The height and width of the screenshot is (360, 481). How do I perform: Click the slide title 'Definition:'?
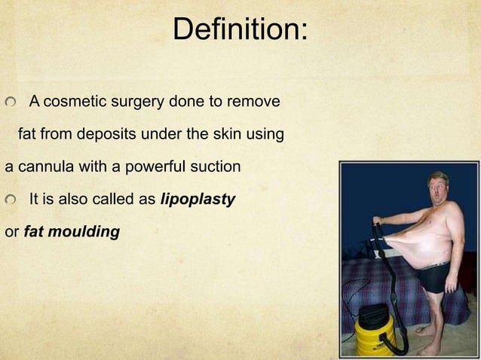point(240,30)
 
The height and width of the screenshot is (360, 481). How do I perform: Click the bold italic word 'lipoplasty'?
point(198,200)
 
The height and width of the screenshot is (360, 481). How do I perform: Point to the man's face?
point(438,187)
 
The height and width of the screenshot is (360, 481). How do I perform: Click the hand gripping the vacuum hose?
point(377,221)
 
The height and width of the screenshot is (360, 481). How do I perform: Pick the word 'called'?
point(130,200)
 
